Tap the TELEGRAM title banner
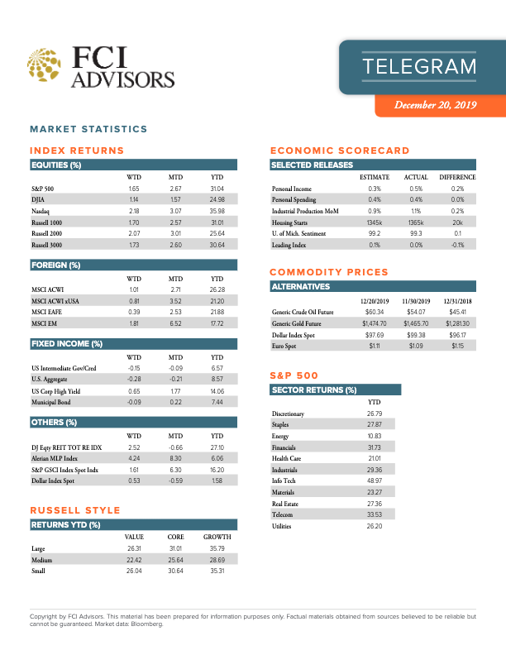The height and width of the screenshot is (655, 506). (x=420, y=66)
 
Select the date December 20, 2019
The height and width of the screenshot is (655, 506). (x=436, y=105)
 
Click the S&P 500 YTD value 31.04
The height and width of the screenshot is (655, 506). (x=217, y=189)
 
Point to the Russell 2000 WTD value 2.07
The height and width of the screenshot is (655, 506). (x=133, y=234)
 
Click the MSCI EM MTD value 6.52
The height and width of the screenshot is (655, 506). (x=175, y=323)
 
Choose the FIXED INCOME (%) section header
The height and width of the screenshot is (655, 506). (x=66, y=343)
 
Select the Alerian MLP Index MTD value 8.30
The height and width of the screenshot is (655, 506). (x=175, y=458)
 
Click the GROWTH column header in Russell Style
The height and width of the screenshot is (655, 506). (x=217, y=537)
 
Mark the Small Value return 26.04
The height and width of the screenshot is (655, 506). (x=134, y=571)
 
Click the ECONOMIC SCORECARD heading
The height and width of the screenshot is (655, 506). (x=340, y=151)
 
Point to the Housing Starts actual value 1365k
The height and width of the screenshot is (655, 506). (x=416, y=222)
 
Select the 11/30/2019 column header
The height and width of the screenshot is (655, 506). (x=416, y=300)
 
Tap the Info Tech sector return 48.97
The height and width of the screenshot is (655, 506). (x=374, y=480)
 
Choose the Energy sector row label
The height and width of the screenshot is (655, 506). (x=281, y=435)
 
